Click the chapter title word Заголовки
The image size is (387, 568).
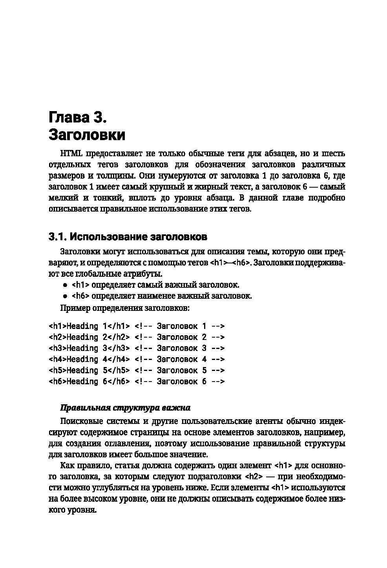tap(87, 135)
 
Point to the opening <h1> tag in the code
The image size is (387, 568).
tap(57, 326)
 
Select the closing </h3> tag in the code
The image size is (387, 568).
tap(120, 348)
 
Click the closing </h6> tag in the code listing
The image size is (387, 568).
tap(120, 382)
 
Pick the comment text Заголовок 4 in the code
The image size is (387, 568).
tap(181, 359)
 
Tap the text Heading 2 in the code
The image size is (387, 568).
tap(87, 337)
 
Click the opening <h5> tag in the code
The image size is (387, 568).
tap(57, 371)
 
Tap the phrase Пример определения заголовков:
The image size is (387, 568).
tap(125, 308)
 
